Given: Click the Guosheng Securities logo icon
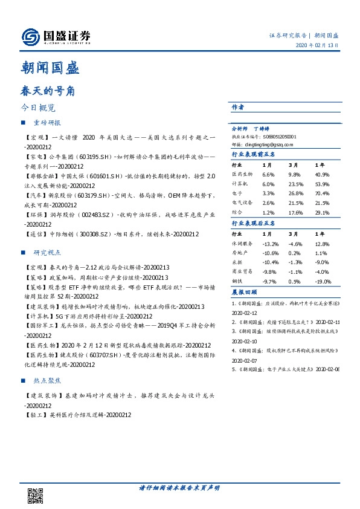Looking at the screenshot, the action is click(30, 37).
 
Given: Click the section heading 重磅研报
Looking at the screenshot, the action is click(47, 123).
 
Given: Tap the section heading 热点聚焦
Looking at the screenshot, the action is click(47, 381).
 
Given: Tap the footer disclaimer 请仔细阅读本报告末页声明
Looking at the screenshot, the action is click(179, 488).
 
